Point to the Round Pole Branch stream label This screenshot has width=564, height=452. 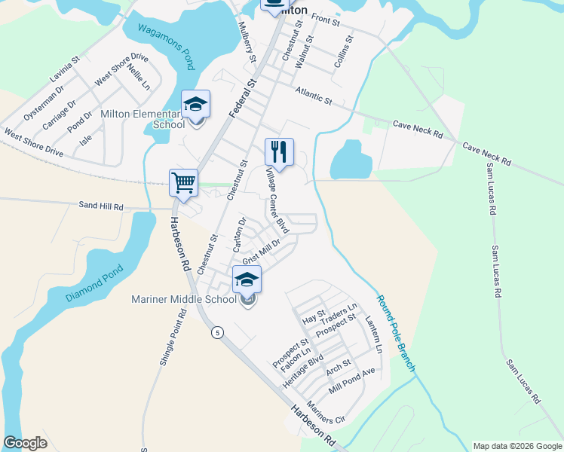[x=396, y=331]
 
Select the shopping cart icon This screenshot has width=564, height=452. [x=183, y=182]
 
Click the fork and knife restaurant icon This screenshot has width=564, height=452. [x=279, y=151]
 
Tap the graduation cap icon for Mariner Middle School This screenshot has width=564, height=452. [x=247, y=280]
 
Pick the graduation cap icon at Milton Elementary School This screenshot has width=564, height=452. [x=195, y=104]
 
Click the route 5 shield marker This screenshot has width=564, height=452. [x=217, y=333]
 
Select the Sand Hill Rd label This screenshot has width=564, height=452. [x=101, y=205]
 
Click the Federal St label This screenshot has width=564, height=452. [x=244, y=93]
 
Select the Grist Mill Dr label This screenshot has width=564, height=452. [x=262, y=249]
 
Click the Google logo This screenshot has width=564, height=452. [x=25, y=443]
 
